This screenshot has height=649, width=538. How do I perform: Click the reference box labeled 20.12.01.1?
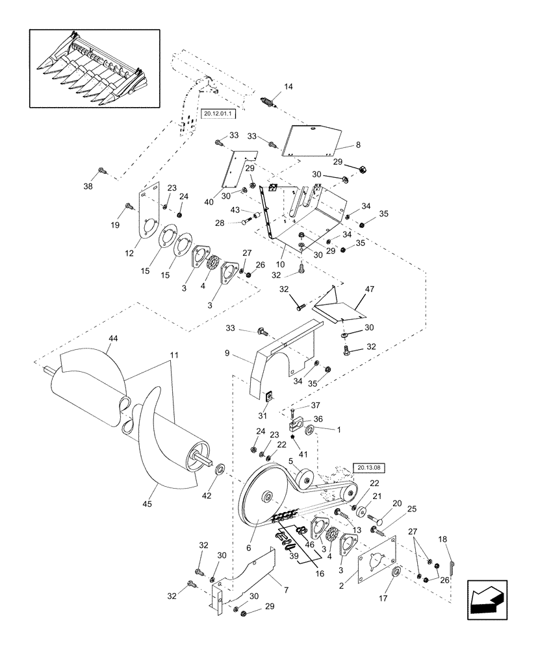point(218,113)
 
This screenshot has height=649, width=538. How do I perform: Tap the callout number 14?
point(288,87)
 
